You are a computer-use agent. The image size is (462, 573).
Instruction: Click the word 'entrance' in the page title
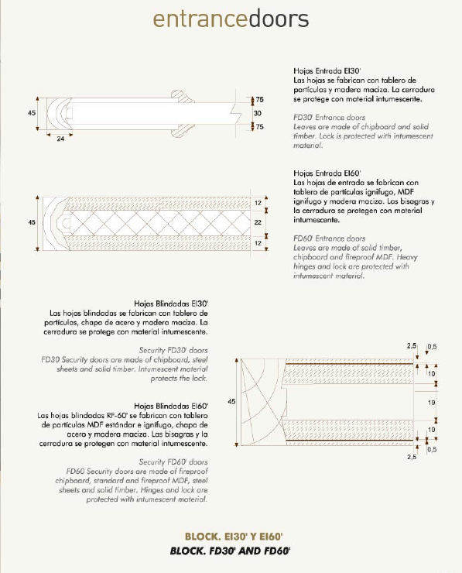point(201,19)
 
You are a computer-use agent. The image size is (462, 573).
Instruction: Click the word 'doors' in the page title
point(279,19)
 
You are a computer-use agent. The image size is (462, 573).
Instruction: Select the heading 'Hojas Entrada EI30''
point(327,71)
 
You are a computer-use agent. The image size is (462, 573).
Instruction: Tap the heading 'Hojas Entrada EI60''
point(327,173)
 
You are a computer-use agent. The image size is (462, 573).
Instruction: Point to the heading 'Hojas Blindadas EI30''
point(171,304)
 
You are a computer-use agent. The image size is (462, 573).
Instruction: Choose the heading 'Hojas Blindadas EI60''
point(171,406)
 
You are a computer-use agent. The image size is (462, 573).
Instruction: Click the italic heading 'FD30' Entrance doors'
point(330,117)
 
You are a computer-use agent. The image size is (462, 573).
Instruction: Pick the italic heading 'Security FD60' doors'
point(173,462)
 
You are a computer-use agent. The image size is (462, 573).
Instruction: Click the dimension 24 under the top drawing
point(60,139)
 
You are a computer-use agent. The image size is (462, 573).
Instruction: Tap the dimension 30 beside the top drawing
point(258,113)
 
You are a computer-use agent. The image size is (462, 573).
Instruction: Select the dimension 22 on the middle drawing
point(258,222)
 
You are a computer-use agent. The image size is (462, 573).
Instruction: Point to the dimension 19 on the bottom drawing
point(431,403)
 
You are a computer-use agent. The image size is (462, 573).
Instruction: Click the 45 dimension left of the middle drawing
point(32,222)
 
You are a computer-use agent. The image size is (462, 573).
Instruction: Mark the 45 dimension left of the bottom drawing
point(231,402)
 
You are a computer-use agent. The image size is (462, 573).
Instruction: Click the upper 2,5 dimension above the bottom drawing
point(412,345)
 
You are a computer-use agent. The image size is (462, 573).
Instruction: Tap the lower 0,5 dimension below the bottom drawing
point(432,449)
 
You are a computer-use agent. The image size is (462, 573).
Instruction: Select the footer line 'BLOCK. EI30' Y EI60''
point(234,537)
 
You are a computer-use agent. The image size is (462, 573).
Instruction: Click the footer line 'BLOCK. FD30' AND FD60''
point(230,551)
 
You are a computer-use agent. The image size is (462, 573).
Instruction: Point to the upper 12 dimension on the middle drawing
point(258,203)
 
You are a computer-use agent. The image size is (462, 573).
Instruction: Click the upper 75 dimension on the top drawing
point(260,99)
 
